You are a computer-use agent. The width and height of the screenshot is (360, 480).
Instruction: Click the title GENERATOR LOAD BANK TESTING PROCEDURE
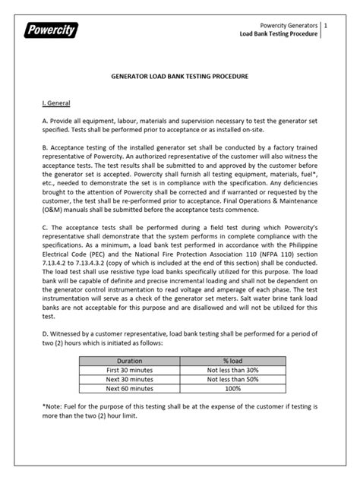point(179,77)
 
